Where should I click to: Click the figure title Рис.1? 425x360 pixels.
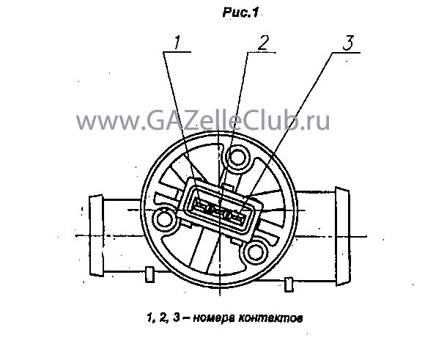[x=240, y=12]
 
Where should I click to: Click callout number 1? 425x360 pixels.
[x=177, y=43]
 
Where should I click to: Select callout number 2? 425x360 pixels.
[x=264, y=43]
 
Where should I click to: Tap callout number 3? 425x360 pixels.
[x=348, y=43]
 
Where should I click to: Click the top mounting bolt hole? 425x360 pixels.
[x=237, y=157]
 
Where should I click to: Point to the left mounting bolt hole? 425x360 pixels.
[x=165, y=219]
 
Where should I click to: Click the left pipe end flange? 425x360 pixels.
[x=96, y=235]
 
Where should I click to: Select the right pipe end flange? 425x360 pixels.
[x=342, y=236]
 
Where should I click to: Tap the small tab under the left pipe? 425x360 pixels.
[x=149, y=274]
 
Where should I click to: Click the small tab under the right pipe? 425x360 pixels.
[x=289, y=284]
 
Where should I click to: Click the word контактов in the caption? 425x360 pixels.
[x=270, y=318]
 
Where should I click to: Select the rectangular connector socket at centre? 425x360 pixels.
[x=220, y=208]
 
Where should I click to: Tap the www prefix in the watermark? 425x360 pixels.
[x=107, y=122]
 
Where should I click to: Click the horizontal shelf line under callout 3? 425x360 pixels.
[x=346, y=52]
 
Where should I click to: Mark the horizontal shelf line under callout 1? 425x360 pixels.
[x=177, y=52]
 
